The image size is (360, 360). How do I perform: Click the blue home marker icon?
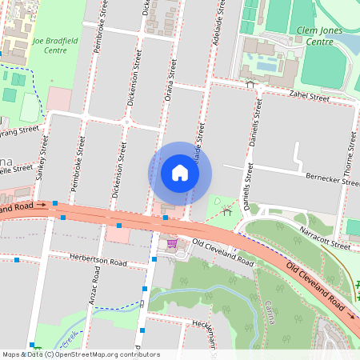pyautogui.click(x=180, y=173)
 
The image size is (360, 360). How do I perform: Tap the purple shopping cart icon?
pyautogui.click(x=172, y=243)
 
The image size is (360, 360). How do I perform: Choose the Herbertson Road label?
pyautogui.click(x=99, y=262)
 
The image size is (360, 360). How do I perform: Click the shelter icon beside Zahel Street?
pyautogui.click(x=250, y=83)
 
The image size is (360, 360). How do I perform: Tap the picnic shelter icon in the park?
pyautogui.click(x=228, y=211)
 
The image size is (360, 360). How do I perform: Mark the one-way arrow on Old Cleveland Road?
pyautogui.click(x=42, y=205)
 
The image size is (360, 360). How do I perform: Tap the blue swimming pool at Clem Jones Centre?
pyautogui.click(x=263, y=62)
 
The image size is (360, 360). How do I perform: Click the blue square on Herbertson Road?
pyautogui.click(x=17, y=260)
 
